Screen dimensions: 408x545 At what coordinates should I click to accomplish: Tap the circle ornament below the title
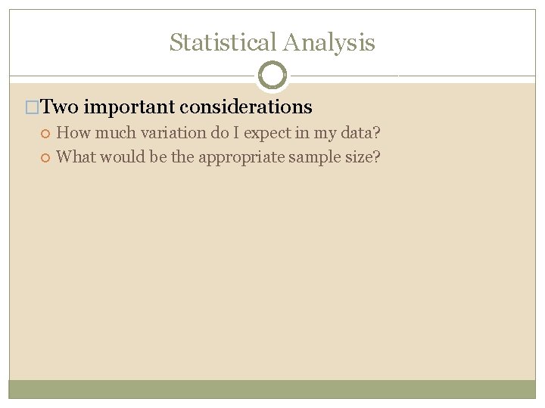272,76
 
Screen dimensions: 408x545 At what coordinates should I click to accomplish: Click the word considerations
246,107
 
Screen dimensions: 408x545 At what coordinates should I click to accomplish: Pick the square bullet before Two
32,107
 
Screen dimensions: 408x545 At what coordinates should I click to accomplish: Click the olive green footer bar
272,389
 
